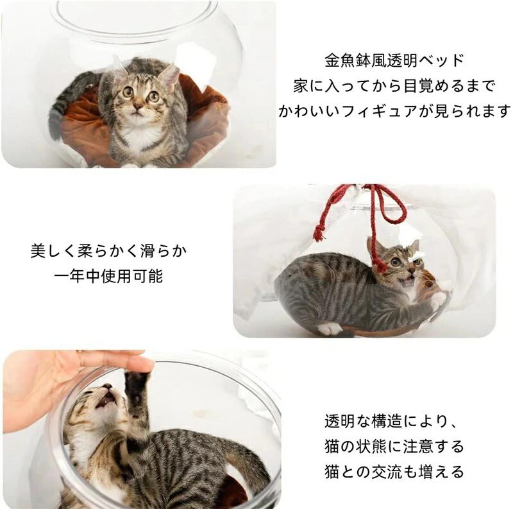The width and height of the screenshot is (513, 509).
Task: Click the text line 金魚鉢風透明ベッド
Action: (x=394, y=60)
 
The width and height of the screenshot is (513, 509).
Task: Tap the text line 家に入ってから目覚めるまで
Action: (x=394, y=86)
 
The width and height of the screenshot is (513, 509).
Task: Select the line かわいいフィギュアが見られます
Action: (x=394, y=112)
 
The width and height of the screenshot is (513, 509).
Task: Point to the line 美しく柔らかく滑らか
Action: (x=109, y=251)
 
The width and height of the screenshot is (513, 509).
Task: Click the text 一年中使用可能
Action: (x=109, y=277)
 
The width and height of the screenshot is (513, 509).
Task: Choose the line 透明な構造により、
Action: (x=390, y=421)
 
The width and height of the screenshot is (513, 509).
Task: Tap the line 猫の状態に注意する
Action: (x=394, y=447)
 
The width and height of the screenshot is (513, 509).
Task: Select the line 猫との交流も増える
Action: (x=394, y=472)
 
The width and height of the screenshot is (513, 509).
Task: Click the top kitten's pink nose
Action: (x=138, y=107)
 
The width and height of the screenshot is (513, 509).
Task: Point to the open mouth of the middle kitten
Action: (x=410, y=281)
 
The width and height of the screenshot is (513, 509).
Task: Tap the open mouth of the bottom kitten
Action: (x=107, y=400)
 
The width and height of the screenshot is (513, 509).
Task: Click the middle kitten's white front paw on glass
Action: (x=439, y=300)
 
